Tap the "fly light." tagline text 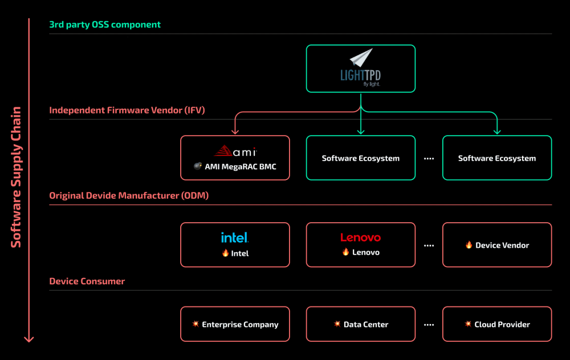pyautogui.click(x=371, y=84)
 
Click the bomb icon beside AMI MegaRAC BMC pyautogui.click(x=198, y=166)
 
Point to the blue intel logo pyautogui.click(x=235, y=238)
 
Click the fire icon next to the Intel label pyautogui.click(x=225, y=253)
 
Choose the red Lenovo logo pyautogui.click(x=360, y=238)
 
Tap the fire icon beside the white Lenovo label pyautogui.click(x=345, y=252)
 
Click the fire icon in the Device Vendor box pyautogui.click(x=469, y=245)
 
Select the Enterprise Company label pyautogui.click(x=240, y=325)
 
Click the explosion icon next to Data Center pyautogui.click(x=337, y=324)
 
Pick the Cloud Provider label pyautogui.click(x=502, y=325)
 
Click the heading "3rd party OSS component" pyautogui.click(x=105, y=24)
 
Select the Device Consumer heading pyautogui.click(x=87, y=281)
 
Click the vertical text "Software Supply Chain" pyautogui.click(x=16, y=177)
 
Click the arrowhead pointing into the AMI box pyautogui.click(x=235, y=132)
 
